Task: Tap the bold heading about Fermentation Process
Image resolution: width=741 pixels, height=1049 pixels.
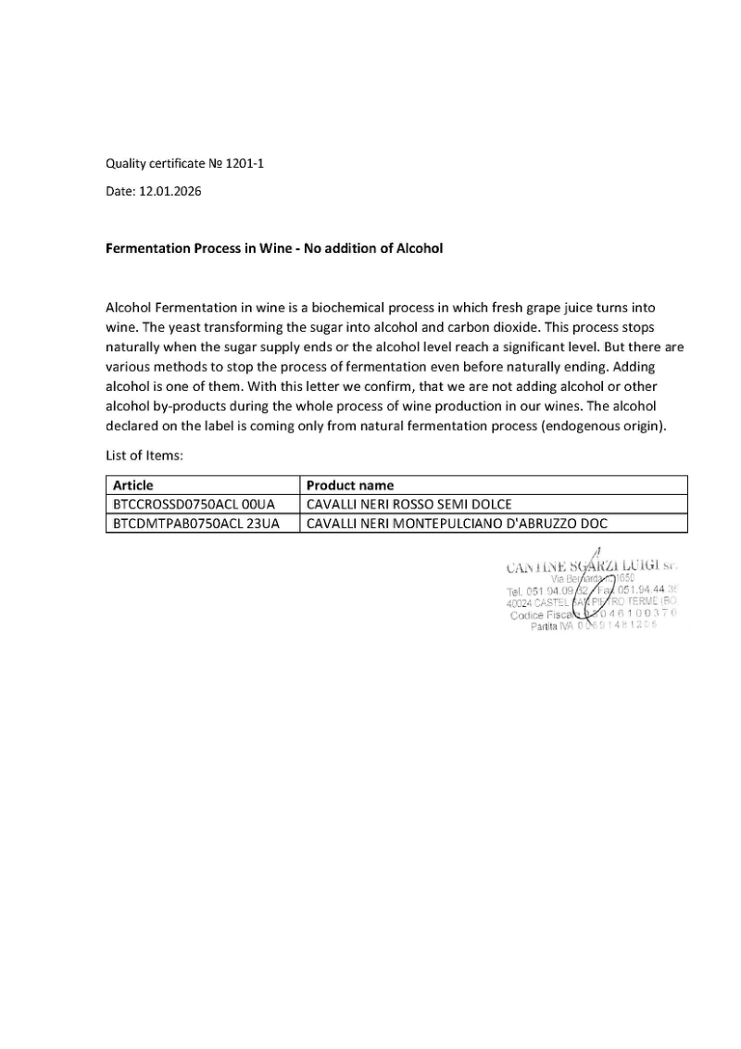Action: (274, 248)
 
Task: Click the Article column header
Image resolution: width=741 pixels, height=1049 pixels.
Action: (132, 485)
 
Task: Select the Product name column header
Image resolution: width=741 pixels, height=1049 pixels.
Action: (349, 485)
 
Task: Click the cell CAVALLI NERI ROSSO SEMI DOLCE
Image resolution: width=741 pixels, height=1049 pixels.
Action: (408, 504)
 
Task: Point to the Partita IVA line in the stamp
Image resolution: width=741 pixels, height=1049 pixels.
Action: (594, 626)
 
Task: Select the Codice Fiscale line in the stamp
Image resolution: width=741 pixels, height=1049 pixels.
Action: (593, 613)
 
